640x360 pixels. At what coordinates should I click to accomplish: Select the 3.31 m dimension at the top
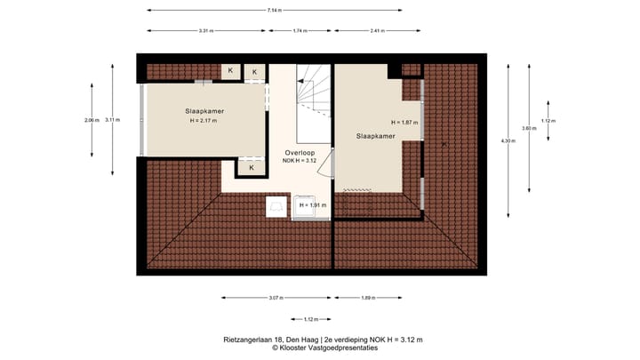click(205, 31)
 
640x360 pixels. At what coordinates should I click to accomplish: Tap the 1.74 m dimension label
click(300, 31)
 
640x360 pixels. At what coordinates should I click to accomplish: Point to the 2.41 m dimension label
click(376, 31)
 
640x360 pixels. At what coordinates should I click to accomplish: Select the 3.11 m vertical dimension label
click(112, 119)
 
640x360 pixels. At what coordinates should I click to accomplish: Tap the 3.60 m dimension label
click(529, 128)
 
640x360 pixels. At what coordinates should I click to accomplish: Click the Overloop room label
click(300, 153)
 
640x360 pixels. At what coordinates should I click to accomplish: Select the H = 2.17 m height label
click(205, 120)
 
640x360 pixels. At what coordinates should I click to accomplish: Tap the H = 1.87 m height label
click(404, 122)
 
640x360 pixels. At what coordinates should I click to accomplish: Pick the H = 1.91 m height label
click(313, 205)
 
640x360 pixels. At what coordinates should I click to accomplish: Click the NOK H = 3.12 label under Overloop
click(300, 162)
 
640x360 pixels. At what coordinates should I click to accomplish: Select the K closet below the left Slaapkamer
click(252, 167)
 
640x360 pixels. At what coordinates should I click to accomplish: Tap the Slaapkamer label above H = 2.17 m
click(204, 111)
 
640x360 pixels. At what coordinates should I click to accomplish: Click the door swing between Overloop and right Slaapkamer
click(327, 164)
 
